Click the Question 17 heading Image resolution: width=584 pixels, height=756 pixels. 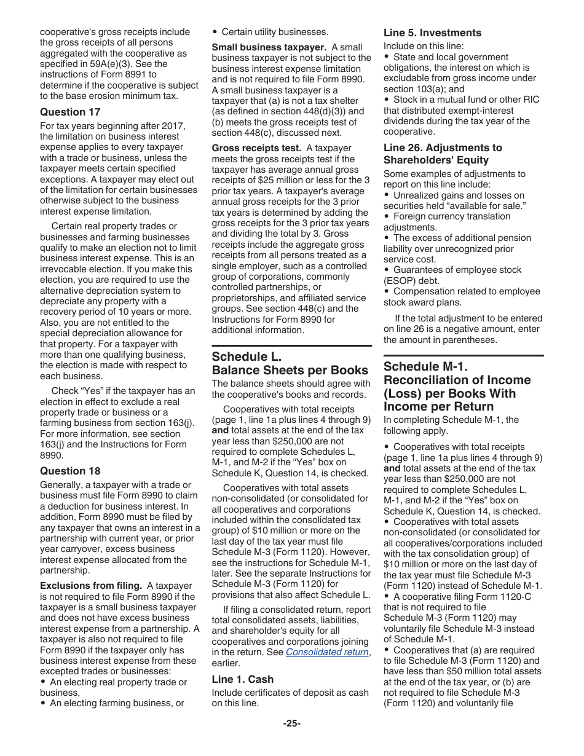coord(70,112)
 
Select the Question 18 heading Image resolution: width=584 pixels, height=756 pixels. coord(70,471)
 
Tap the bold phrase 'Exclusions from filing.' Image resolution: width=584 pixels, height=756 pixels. coord(91,586)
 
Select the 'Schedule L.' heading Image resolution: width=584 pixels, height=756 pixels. coord(247,356)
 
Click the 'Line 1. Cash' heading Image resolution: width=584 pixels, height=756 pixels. coord(243,679)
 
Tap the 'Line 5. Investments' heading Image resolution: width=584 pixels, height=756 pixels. coord(432,33)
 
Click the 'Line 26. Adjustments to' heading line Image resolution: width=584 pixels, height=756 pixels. coord(443,148)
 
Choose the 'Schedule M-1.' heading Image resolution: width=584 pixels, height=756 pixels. coord(425,366)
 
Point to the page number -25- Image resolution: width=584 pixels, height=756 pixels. coord(292,723)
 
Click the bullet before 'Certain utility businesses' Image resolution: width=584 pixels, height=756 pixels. coord(215,32)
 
